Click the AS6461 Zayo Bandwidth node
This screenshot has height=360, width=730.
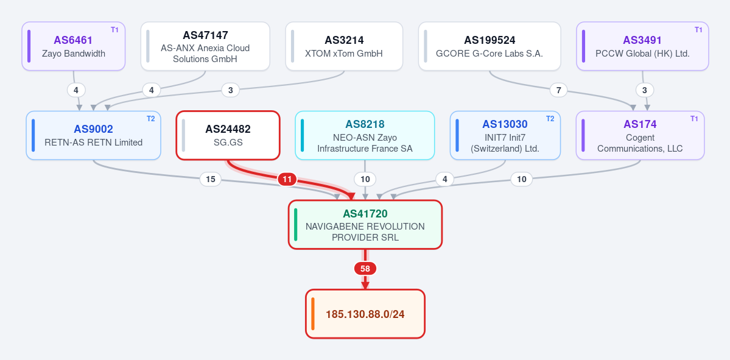click(x=74, y=46)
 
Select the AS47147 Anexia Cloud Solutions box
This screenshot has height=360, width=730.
click(x=205, y=46)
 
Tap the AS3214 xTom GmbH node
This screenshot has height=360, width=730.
click(x=344, y=46)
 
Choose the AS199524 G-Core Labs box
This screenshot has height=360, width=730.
click(x=490, y=46)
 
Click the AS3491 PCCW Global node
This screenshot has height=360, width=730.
click(x=642, y=46)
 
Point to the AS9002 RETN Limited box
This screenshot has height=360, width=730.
click(x=94, y=135)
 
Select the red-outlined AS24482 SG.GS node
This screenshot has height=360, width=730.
click(x=228, y=135)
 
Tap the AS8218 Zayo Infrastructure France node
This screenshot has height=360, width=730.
click(x=365, y=135)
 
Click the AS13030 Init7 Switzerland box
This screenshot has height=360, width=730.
click(x=505, y=135)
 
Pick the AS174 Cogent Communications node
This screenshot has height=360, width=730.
click(x=640, y=135)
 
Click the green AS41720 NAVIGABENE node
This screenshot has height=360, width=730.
click(x=365, y=225)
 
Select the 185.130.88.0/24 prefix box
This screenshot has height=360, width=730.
click(x=365, y=314)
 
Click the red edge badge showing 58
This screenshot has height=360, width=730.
click(x=365, y=269)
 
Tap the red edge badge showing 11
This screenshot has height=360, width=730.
click(x=287, y=179)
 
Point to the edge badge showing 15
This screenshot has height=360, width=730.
click(x=211, y=179)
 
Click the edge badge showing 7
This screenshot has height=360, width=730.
click(x=559, y=90)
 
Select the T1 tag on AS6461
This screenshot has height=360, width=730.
click(x=114, y=30)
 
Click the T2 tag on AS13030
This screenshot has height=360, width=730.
click(x=550, y=119)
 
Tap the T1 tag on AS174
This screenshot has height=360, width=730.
click(x=694, y=119)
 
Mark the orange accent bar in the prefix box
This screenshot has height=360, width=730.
click(x=314, y=314)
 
